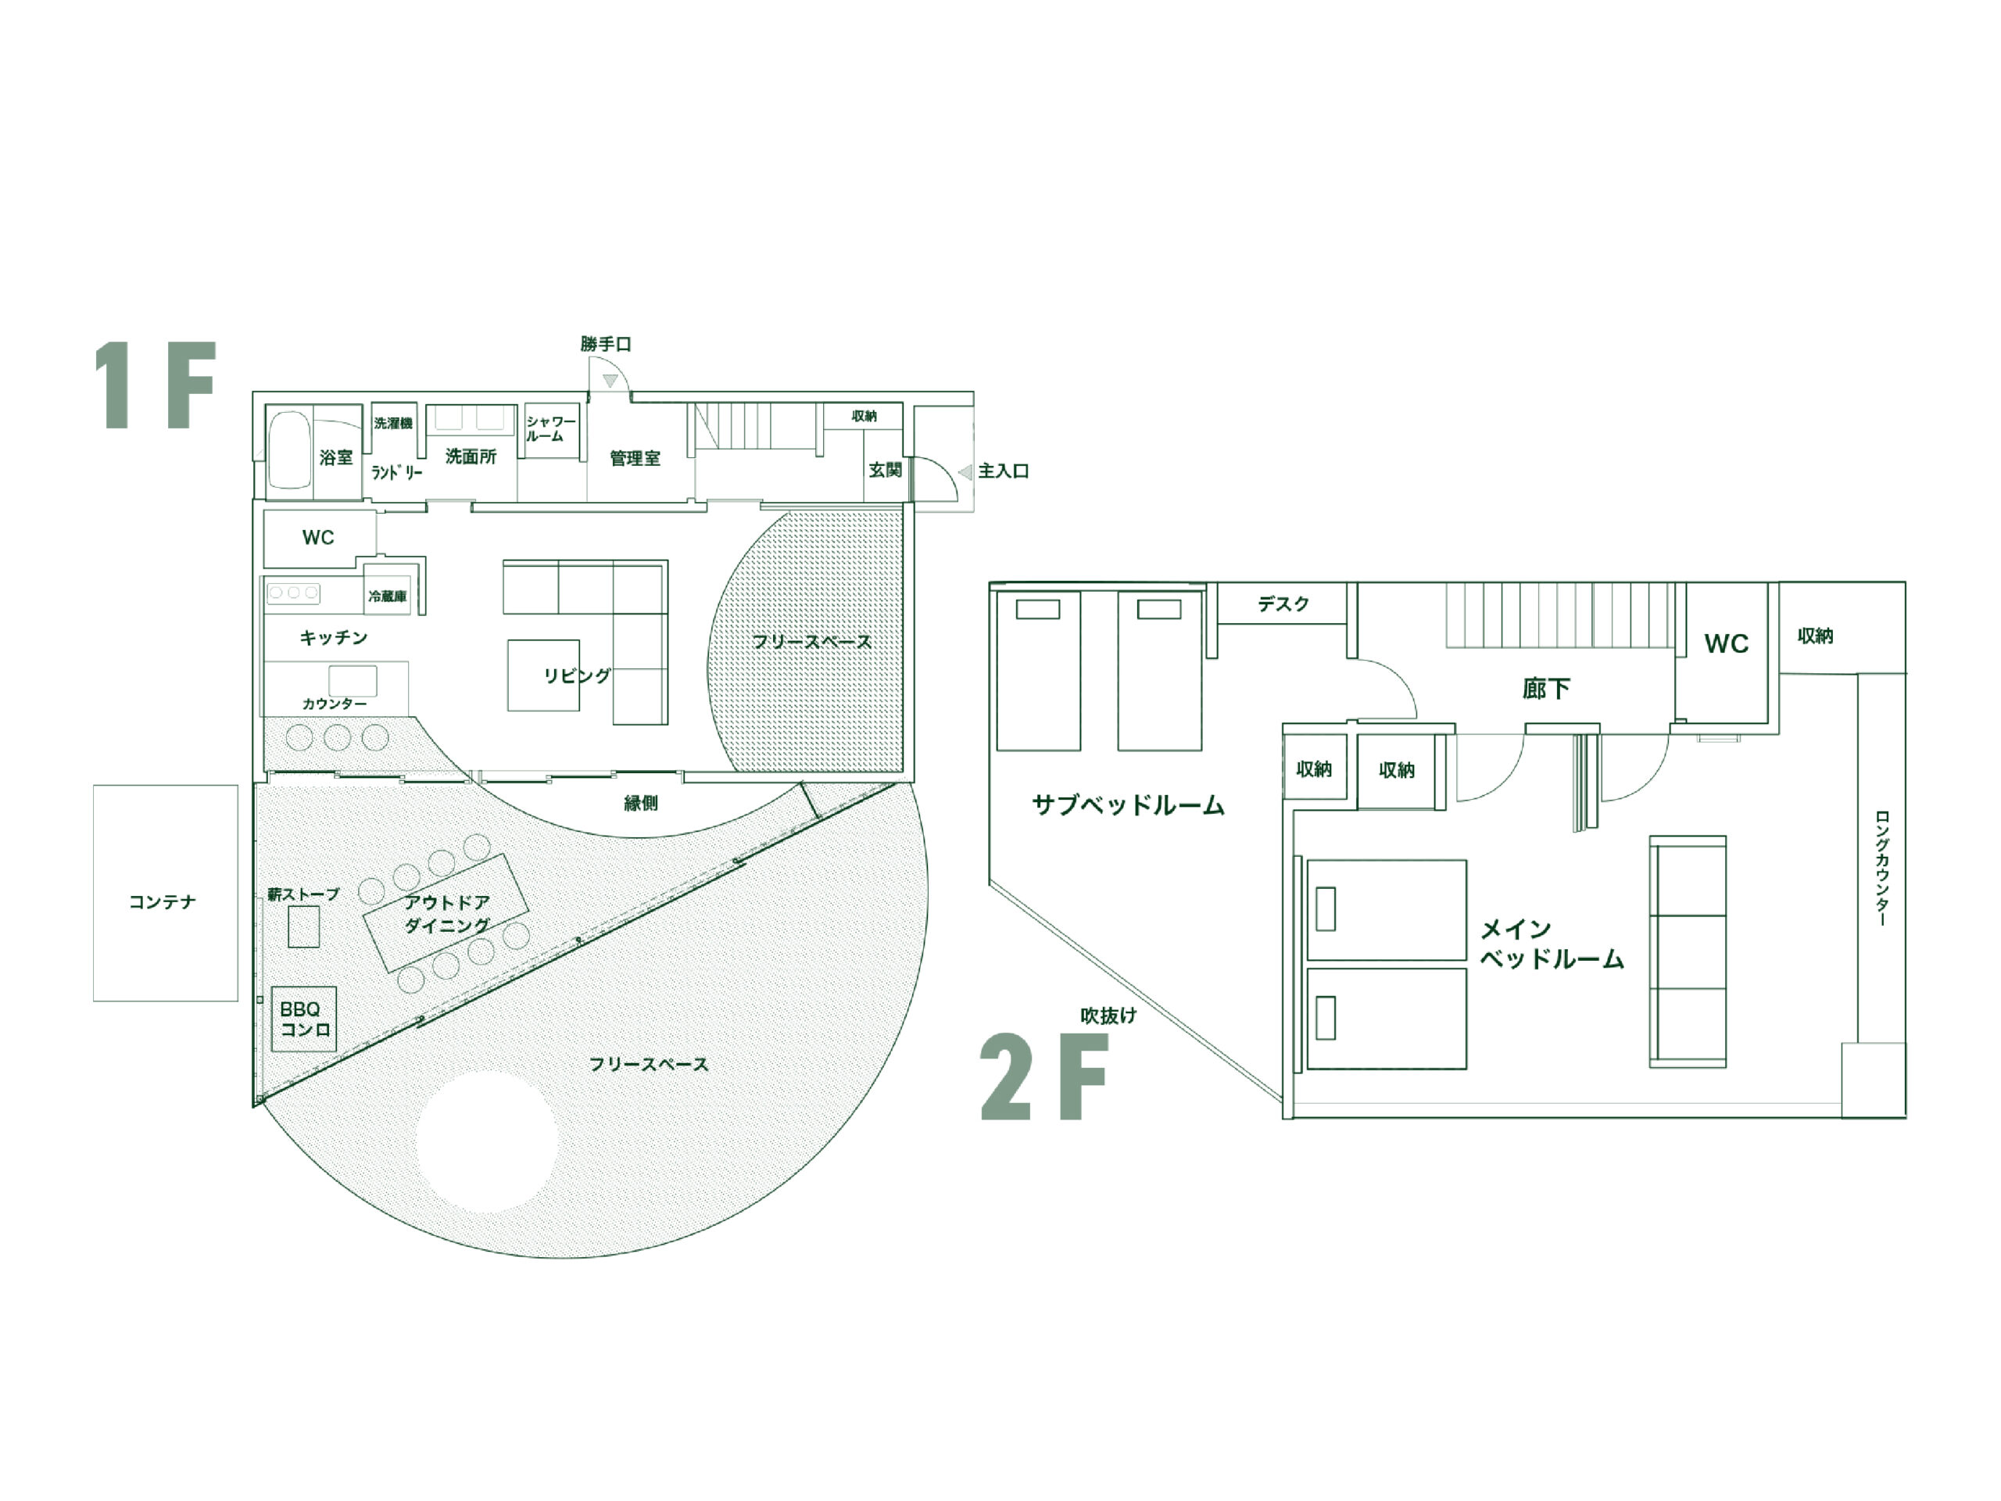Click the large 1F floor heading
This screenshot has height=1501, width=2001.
[155, 385]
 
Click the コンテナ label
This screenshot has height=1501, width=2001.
[162, 901]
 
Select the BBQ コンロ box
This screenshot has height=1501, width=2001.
[305, 1019]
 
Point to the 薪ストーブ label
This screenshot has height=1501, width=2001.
[303, 894]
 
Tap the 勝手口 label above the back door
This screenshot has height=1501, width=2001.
[606, 344]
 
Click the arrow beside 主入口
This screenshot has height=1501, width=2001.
[965, 471]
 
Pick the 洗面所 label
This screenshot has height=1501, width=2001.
[471, 456]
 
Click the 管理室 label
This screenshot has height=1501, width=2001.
[635, 458]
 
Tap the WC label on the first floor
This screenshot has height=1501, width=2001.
[318, 537]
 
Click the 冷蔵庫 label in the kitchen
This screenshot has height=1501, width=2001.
[387, 596]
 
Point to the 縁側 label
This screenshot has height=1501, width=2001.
[640, 803]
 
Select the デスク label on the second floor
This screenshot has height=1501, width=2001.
[1283, 604]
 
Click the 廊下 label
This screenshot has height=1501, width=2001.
[1545, 689]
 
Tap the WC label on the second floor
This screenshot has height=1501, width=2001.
[1726, 643]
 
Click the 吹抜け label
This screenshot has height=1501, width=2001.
[1108, 1016]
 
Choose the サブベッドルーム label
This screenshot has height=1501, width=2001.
[1128, 804]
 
